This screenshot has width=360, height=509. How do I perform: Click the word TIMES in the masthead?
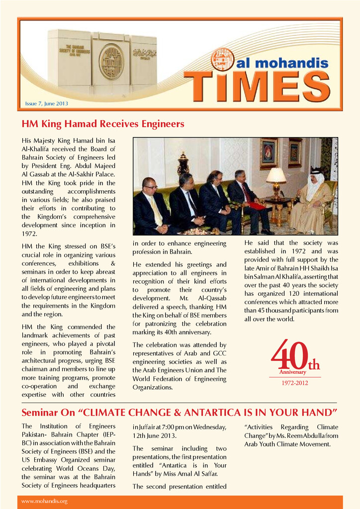click(259, 85)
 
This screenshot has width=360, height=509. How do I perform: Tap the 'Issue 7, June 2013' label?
click(46, 104)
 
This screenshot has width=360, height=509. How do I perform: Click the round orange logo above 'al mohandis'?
click(222, 59)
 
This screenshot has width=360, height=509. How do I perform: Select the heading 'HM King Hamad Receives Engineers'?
click(103, 124)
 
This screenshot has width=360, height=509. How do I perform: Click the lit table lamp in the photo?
click(276, 176)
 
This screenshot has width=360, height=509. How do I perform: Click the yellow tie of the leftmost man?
click(156, 210)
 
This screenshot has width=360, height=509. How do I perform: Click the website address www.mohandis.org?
click(44, 501)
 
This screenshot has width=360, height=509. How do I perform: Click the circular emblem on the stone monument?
click(111, 62)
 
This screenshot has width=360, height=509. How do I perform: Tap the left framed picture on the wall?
click(269, 154)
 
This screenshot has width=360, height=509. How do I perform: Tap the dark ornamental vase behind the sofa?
click(183, 165)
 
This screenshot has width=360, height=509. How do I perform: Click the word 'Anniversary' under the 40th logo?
click(293, 372)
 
